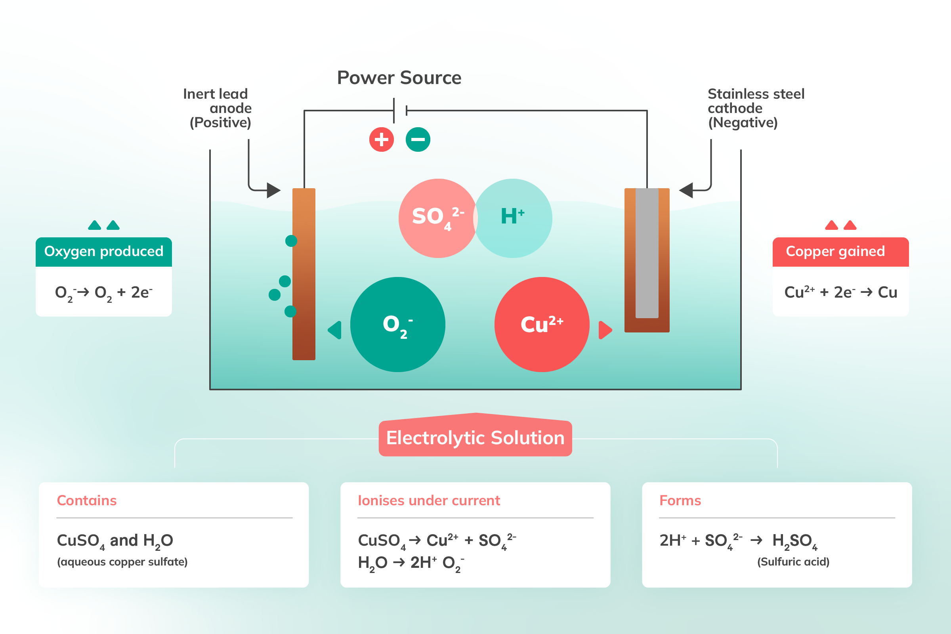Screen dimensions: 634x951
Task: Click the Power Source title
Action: click(399, 78)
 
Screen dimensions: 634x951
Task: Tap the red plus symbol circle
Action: click(381, 139)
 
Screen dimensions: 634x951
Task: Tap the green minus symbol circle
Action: click(418, 139)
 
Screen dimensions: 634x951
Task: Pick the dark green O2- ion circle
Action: click(397, 324)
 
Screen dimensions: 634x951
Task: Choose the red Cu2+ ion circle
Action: click(542, 324)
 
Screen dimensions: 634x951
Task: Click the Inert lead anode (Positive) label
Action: click(218, 108)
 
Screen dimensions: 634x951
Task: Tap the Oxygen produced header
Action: click(103, 252)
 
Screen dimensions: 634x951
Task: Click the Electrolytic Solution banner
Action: click(475, 438)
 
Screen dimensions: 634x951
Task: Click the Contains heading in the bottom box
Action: click(86, 500)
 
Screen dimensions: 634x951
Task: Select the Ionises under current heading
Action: click(429, 500)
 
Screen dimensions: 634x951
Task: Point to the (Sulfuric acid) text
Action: click(793, 561)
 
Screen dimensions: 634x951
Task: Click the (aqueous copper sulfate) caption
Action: click(122, 561)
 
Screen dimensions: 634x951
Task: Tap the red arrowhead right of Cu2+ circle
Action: click(605, 330)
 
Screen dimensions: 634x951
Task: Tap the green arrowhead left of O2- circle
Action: click(335, 330)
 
